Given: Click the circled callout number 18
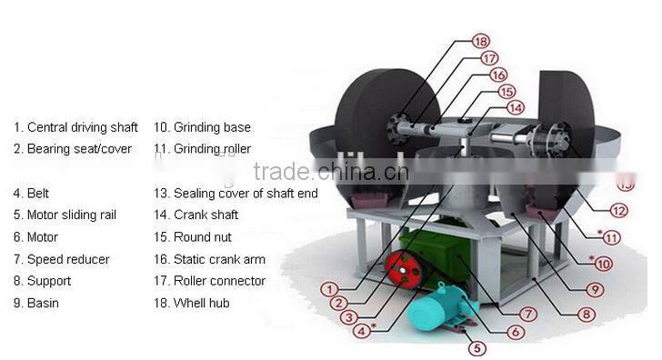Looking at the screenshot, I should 481,41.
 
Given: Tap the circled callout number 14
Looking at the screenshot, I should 515,107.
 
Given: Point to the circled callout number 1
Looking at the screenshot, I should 328,288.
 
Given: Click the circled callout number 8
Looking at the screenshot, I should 585,315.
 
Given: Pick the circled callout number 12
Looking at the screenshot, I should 618,211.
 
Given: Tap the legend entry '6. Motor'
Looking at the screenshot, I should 35,237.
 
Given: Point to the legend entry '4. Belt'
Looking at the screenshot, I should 32,193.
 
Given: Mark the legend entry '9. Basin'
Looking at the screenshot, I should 36,303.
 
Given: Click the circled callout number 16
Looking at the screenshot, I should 497,75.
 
